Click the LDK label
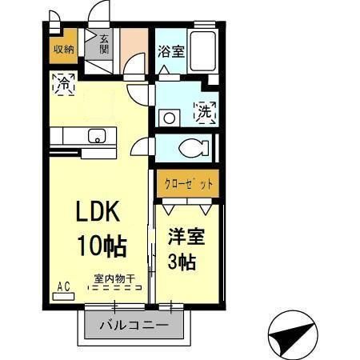(98, 211)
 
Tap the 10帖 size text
(101, 244)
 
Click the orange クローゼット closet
(186, 183)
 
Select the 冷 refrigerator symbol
(63, 81)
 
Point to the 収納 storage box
(64, 50)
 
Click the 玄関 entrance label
(104, 45)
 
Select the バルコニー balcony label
(134, 326)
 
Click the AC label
(63, 285)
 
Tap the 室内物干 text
(114, 278)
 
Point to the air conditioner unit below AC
(63, 295)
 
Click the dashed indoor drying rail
(114, 289)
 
